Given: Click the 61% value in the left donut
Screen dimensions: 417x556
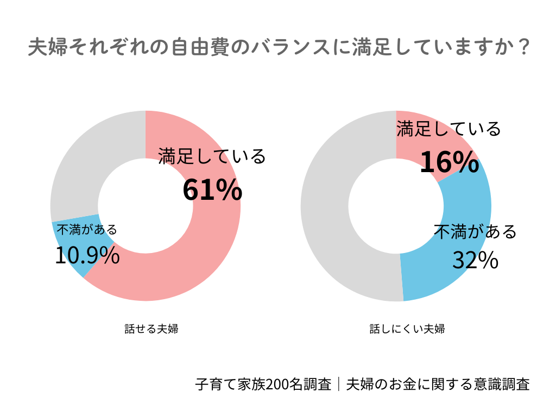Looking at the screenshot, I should [x=212, y=190].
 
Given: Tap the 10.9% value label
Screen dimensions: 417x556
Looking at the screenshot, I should [x=87, y=256].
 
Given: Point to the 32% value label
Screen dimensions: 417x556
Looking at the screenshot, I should [x=475, y=261].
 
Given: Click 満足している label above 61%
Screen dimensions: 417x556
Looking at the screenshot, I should [x=212, y=156].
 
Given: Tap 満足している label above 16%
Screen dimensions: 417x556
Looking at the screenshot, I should [x=448, y=129].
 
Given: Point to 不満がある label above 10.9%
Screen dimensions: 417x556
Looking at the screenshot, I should [x=87, y=230].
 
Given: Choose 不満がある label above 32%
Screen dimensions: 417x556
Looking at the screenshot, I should [x=475, y=232].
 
